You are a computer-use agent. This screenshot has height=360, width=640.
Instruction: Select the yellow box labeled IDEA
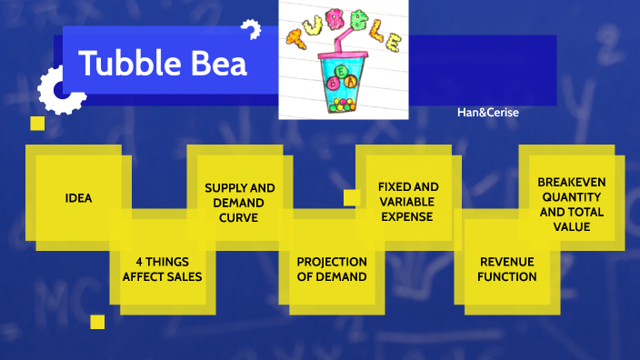pos(78,197)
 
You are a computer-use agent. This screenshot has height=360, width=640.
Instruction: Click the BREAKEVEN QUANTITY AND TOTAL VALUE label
pos(571,204)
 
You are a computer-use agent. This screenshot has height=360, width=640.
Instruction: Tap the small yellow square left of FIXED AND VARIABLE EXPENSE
pos(352,197)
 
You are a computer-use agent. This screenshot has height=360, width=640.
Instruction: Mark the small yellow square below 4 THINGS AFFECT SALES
pos(97,322)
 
